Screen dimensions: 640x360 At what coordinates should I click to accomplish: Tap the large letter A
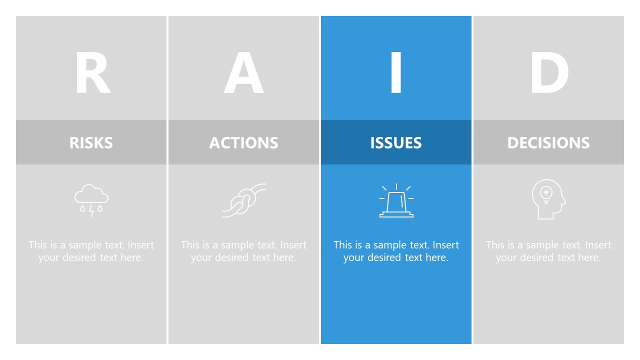(x=243, y=72)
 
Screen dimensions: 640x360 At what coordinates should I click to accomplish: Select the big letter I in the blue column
(x=396, y=72)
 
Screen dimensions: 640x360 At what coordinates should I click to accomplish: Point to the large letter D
(x=549, y=72)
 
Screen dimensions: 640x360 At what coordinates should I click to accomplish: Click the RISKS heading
(x=91, y=142)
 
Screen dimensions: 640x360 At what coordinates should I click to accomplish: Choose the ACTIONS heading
(x=243, y=142)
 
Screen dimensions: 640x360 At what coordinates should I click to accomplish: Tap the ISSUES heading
(x=396, y=142)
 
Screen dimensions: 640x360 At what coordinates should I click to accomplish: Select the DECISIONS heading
(x=548, y=142)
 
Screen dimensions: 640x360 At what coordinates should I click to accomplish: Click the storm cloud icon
(x=91, y=200)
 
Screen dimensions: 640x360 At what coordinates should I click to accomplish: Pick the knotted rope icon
(x=243, y=200)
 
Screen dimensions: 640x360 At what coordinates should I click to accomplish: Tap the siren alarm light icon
(x=396, y=200)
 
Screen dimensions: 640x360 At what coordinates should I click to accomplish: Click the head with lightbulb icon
(x=548, y=199)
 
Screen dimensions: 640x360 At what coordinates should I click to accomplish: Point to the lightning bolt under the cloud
(x=91, y=210)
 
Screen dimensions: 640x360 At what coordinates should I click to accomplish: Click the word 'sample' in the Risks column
(x=85, y=245)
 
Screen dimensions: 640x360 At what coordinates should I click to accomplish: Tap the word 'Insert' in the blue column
(x=445, y=245)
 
